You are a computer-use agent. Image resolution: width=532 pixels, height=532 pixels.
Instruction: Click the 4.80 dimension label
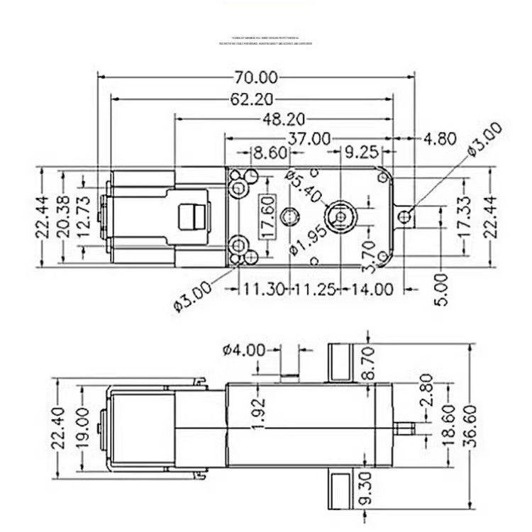coord(440,138)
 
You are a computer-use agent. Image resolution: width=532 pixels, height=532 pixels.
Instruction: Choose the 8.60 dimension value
coord(270,152)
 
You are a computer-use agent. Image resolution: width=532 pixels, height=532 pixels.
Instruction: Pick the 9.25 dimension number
coord(361,152)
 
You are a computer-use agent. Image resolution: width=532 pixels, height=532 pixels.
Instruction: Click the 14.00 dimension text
coord(374,289)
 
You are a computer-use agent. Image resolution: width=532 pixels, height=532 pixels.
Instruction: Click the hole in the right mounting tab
coord(405,216)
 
